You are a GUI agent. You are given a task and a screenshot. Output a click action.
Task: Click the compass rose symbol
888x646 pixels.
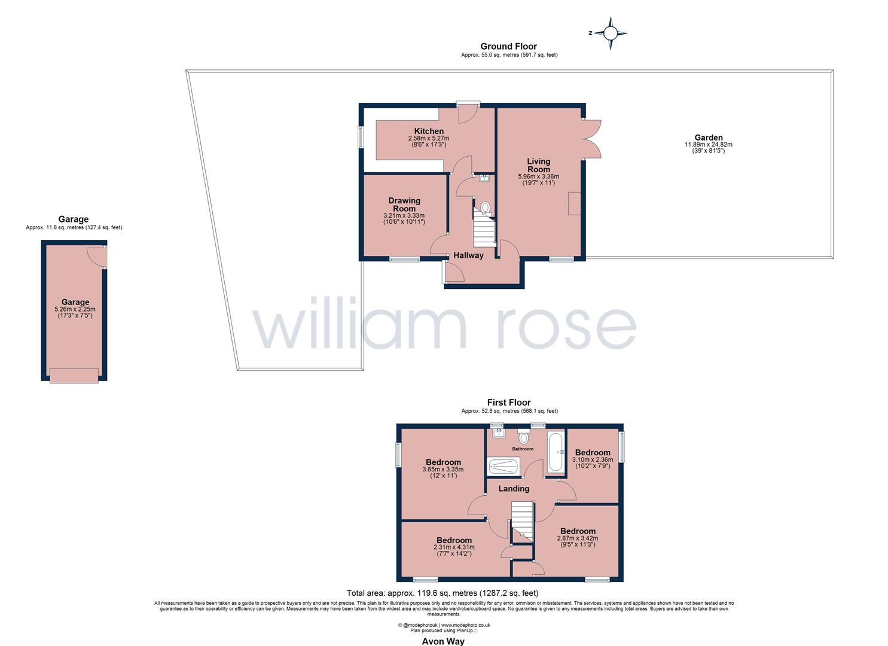pos(610,33)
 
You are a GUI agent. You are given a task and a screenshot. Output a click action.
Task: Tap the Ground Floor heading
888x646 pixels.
pos(509,46)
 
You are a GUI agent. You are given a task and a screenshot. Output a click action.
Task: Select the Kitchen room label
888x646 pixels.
pos(429,132)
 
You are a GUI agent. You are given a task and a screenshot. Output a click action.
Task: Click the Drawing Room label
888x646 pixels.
pos(404,205)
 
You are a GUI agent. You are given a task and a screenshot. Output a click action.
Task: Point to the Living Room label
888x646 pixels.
pos(538,165)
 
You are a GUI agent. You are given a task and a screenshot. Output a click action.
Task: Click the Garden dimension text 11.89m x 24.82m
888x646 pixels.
pos(709,145)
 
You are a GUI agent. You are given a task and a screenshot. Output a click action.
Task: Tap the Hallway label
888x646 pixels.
pos(468,255)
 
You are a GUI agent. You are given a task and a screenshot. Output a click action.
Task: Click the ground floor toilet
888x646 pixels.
pos(484,208)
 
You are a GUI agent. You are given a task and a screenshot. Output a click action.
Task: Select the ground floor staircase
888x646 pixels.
pos(484,232)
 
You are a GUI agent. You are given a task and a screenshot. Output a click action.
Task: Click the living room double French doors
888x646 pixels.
pos(591,139)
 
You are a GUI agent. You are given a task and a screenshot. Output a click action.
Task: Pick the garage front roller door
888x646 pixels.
pos(74,376)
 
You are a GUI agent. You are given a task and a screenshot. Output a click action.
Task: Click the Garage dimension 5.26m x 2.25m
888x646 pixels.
pos(75,309)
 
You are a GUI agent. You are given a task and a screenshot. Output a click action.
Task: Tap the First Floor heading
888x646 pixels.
pos(509,403)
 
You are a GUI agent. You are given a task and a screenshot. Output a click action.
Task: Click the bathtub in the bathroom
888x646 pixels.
pos(554,453)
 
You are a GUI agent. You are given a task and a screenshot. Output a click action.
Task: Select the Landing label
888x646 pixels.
pos(514,489)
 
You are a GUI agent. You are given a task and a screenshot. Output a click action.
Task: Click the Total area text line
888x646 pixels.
pos(443,593)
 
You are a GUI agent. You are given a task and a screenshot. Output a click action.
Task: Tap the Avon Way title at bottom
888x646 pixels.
pos(443,641)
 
